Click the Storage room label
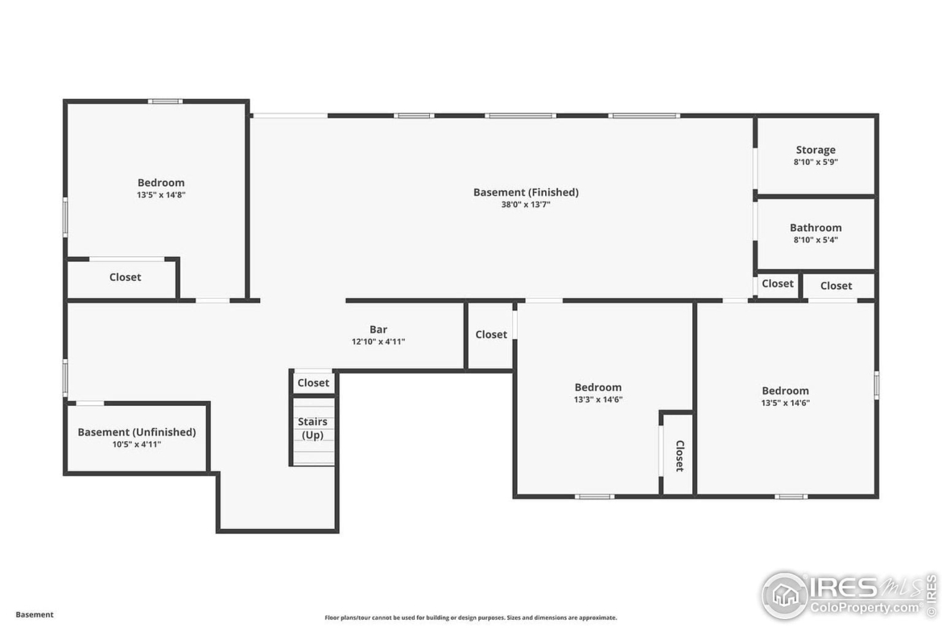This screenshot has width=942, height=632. (x=816, y=151)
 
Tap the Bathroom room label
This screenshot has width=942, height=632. (x=816, y=228)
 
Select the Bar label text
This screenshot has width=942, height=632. (x=378, y=329)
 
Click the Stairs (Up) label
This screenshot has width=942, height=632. (x=312, y=428)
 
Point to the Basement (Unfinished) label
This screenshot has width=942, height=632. (x=136, y=432)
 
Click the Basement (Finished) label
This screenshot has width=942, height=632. (x=526, y=192)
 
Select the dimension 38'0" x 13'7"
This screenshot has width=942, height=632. (x=526, y=204)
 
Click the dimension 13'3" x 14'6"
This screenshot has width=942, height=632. (x=597, y=399)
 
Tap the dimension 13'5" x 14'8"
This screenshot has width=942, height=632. (x=161, y=195)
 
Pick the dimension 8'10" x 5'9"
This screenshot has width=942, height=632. (x=816, y=162)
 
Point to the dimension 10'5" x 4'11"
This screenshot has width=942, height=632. (x=136, y=444)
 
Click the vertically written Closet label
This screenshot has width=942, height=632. (x=680, y=456)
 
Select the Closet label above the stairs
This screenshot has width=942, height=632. (x=313, y=382)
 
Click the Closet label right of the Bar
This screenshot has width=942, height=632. (x=491, y=335)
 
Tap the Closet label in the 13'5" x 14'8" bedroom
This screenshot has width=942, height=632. (x=125, y=277)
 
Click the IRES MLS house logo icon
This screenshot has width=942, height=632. (x=785, y=595)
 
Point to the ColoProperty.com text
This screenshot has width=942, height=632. (x=865, y=608)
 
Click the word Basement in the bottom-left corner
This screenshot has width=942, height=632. (x=35, y=614)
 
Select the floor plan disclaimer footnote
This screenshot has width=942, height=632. (x=470, y=618)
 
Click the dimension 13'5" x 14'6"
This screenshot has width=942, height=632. (x=785, y=403)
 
